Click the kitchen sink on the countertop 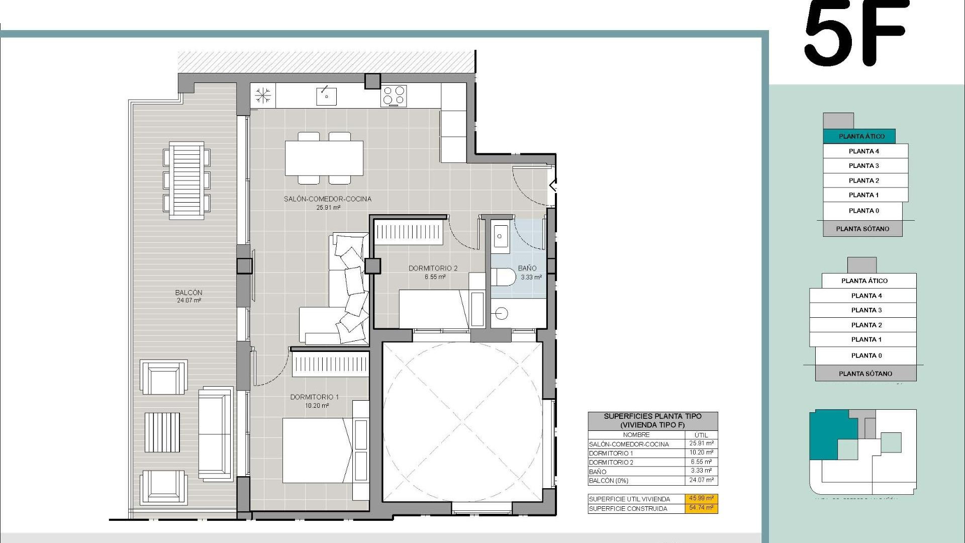pos(326,96)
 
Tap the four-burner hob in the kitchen pos(394,96)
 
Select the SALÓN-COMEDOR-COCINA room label pos(327,199)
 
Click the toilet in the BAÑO pos(503,277)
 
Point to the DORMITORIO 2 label pos(433,268)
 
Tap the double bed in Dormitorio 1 pos(317,450)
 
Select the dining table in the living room pos(324,158)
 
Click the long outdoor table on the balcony pos(186,180)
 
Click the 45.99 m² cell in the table pos(701,498)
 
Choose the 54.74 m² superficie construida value pos(701,508)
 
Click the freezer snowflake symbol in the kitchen pos(263,96)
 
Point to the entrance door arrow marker pos(553,186)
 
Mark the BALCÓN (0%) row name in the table pos(608,481)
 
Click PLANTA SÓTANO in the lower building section pos(865,374)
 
